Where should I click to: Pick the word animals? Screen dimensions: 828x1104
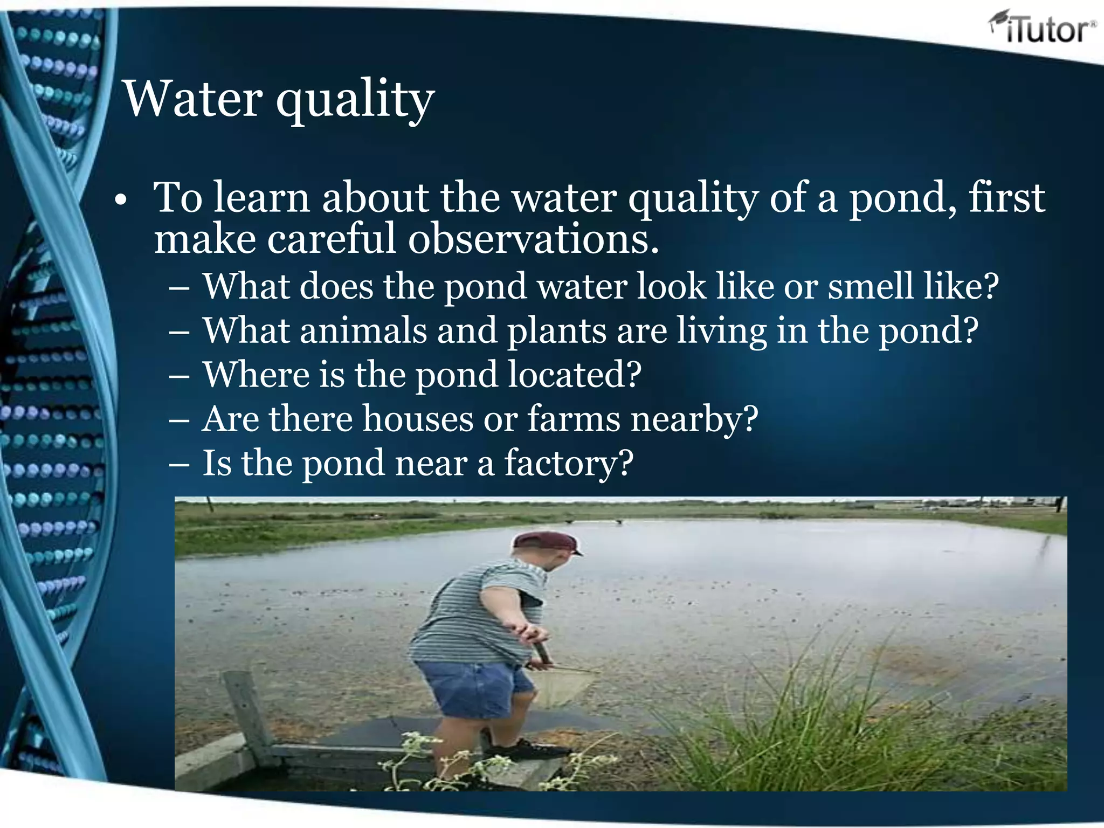(363, 330)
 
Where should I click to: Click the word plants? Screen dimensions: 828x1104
(556, 332)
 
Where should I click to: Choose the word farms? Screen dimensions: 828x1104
(574, 419)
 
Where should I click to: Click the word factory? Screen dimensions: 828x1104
(568, 464)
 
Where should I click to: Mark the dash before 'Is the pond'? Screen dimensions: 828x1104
(178, 464)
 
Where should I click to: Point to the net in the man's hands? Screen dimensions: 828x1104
(566, 685)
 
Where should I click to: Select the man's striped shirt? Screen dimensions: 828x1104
(474, 615)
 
